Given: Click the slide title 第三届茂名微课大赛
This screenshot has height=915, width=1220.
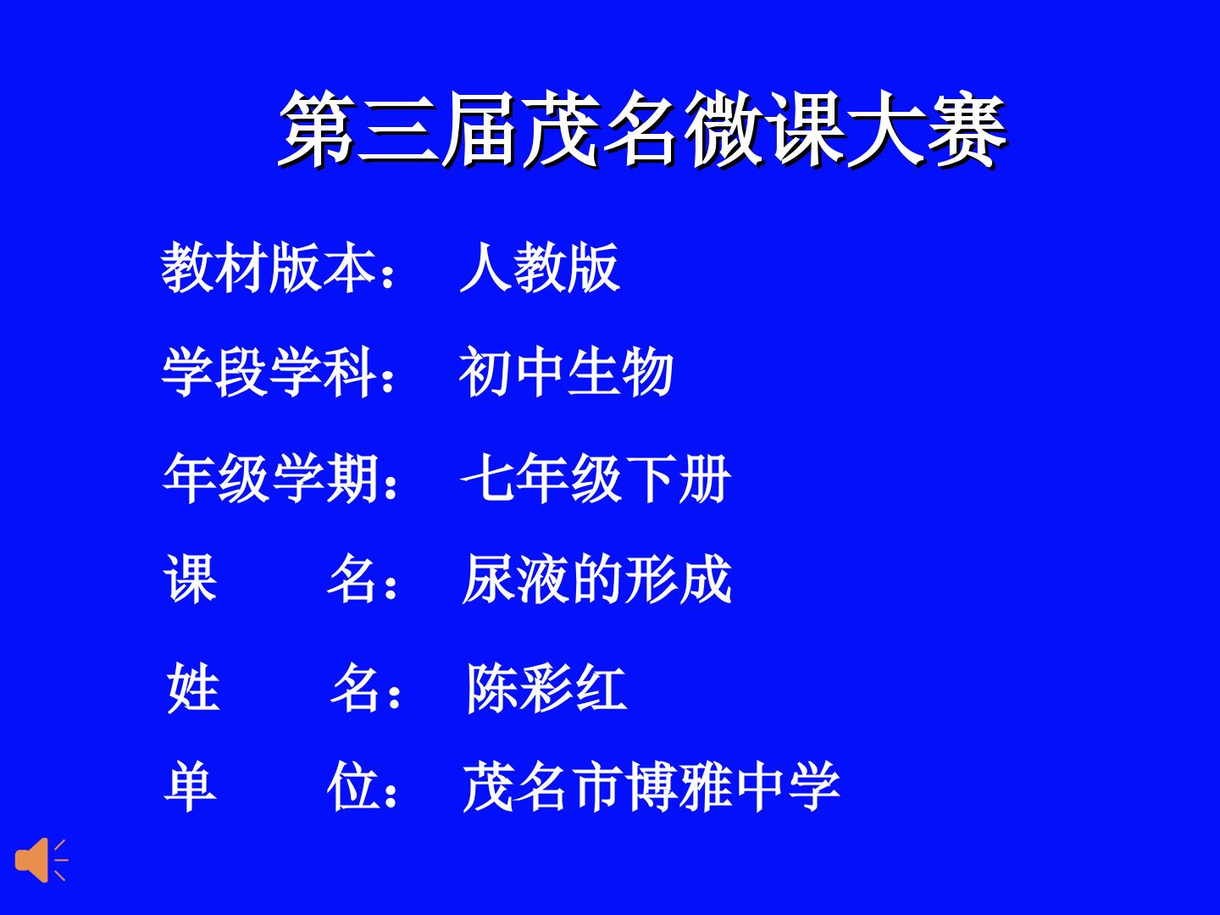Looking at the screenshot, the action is (x=642, y=129).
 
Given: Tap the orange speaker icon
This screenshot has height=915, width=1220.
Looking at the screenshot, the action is (x=42, y=860).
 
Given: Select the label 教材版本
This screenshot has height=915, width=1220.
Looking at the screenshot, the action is (x=268, y=267).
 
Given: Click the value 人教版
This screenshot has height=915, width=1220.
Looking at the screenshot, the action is (x=540, y=267).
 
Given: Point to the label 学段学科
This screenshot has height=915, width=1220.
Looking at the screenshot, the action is (x=269, y=372).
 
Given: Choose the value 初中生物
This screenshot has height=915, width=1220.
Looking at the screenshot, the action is (x=567, y=372).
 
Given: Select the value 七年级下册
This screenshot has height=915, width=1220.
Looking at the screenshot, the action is (x=596, y=478).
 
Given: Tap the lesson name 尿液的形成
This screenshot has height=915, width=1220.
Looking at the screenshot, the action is (x=596, y=579).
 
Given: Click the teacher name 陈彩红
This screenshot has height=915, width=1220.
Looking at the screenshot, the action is (x=546, y=688).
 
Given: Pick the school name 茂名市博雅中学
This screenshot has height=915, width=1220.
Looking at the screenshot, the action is (x=651, y=787).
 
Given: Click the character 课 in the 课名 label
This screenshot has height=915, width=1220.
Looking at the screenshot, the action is (x=190, y=579).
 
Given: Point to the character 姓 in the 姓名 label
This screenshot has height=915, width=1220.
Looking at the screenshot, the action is (x=193, y=688).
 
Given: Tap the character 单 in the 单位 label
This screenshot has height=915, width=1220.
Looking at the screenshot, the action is (x=190, y=787).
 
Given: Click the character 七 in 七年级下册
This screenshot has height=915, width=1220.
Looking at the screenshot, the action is (x=487, y=478).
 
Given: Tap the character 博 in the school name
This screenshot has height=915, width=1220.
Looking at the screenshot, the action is (x=651, y=787).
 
